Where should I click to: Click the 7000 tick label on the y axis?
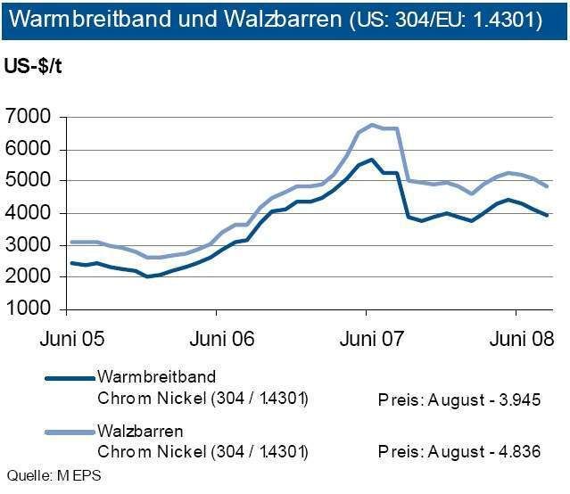[31, 117]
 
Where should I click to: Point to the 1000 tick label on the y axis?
[31, 309]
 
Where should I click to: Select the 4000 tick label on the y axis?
[31, 213]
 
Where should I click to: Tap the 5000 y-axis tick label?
[31, 181]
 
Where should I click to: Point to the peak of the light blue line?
[372, 125]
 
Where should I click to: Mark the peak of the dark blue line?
[371, 160]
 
